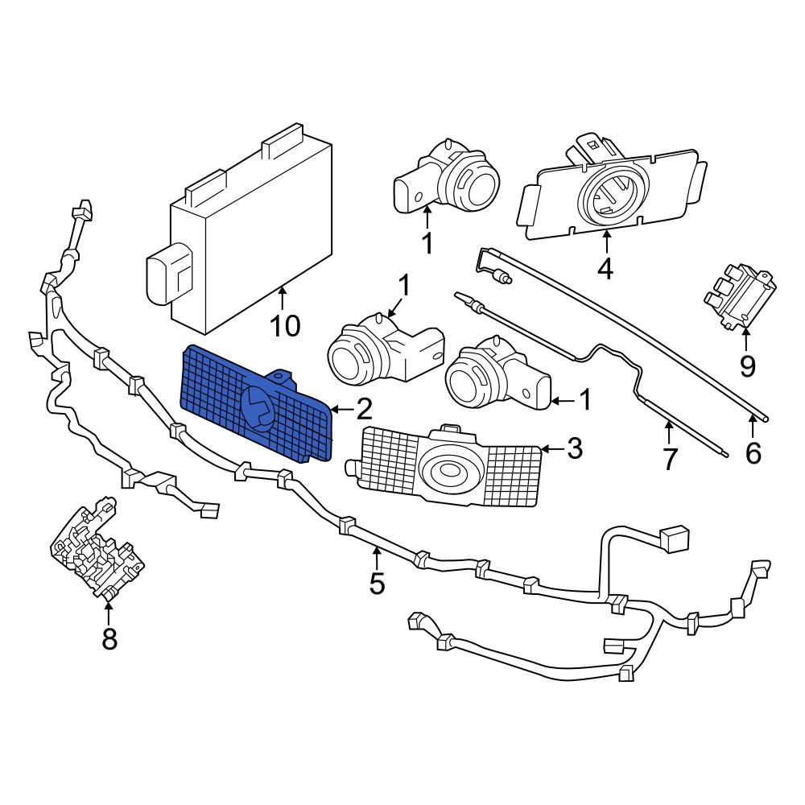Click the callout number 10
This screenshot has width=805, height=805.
[285, 326]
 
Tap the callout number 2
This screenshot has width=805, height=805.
[363, 410]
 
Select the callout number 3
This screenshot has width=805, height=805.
[573, 448]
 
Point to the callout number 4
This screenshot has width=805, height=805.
[605, 267]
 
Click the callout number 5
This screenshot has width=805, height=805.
[377, 583]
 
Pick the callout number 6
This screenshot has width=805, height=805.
[753, 453]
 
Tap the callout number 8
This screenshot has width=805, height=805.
[109, 639]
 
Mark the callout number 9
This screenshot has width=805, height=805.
[748, 366]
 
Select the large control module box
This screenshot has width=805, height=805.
[250, 233]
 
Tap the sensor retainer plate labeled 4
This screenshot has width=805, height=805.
[612, 193]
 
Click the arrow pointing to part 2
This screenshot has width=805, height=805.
[339, 410]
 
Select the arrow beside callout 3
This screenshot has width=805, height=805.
[551, 448]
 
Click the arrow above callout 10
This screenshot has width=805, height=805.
[283, 299]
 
